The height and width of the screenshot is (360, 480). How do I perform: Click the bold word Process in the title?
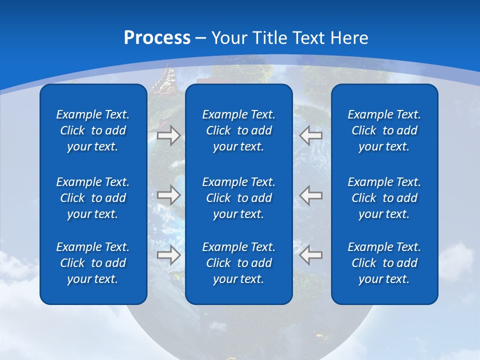coord(157,38)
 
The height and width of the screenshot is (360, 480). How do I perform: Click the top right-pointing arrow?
coord(168,135)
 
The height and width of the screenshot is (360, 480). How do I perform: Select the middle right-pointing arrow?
coord(168,194)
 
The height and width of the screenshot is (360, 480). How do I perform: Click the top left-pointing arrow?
coord(311,135)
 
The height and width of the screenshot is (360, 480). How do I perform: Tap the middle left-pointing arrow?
coord(311,194)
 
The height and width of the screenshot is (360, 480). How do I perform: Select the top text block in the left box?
coord(93,130)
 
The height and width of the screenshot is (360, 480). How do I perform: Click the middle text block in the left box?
coord(93,198)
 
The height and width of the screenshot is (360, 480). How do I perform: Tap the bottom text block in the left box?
coord(93,263)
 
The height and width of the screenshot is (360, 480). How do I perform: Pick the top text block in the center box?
coord(238,130)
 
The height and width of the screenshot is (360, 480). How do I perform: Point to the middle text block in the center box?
coord(238,198)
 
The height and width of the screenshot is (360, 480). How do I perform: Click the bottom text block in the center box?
coord(238,263)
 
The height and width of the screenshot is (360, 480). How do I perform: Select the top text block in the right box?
coord(384,130)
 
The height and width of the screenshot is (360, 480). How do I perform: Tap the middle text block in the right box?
coord(384,198)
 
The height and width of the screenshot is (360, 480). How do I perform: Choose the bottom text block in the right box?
coord(384,263)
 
